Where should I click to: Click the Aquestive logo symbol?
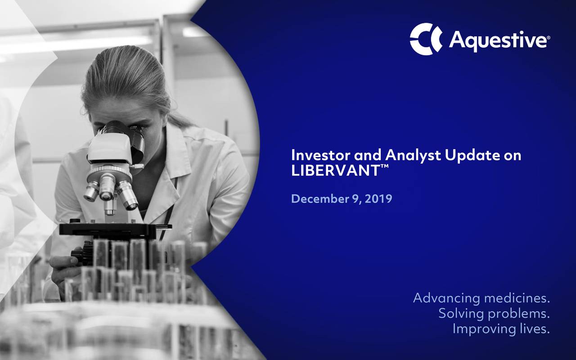click(425, 39)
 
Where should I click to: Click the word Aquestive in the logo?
click(498, 40)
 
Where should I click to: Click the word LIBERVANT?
click(335, 170)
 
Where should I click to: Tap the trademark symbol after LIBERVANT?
click(384, 166)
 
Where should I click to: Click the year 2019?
click(378, 199)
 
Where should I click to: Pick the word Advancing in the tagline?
click(447, 299)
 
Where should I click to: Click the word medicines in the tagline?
click(517, 298)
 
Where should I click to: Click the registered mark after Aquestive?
click(548, 38)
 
